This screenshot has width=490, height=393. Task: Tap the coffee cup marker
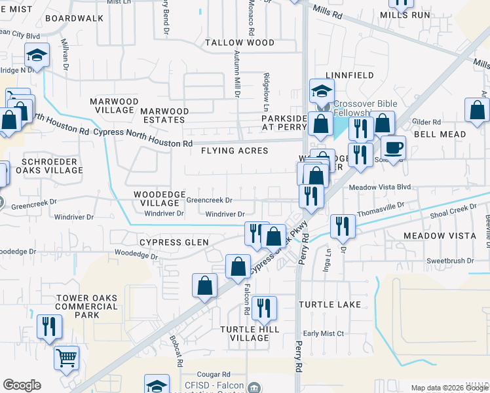tap(393, 147)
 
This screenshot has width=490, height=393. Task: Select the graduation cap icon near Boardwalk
tap(37, 56)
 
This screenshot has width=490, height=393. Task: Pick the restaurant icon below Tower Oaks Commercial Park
tap(49, 326)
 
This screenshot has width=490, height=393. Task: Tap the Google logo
tap(22, 385)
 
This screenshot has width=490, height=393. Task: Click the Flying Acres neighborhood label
tap(235, 151)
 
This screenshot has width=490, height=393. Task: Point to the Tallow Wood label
tap(239, 43)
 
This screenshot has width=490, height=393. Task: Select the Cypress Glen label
tap(174, 242)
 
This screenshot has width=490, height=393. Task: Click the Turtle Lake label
tap(330, 305)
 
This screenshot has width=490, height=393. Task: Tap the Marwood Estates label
tap(164, 116)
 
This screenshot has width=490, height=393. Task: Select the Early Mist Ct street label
tap(324, 333)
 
